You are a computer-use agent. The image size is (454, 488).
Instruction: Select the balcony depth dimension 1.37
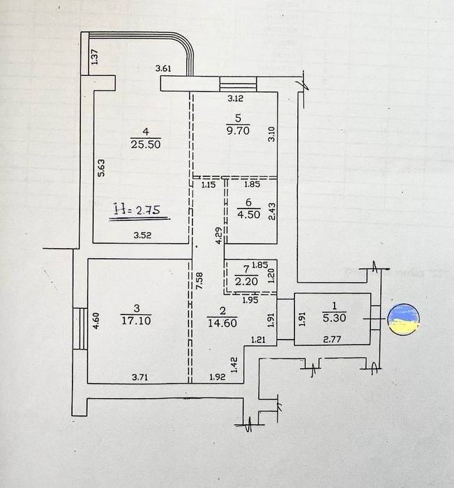click(95, 59)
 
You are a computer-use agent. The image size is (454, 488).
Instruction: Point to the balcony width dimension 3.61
click(162, 68)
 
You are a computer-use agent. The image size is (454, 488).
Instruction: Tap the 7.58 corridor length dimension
click(199, 281)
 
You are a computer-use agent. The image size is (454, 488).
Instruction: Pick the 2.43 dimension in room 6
click(271, 211)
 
